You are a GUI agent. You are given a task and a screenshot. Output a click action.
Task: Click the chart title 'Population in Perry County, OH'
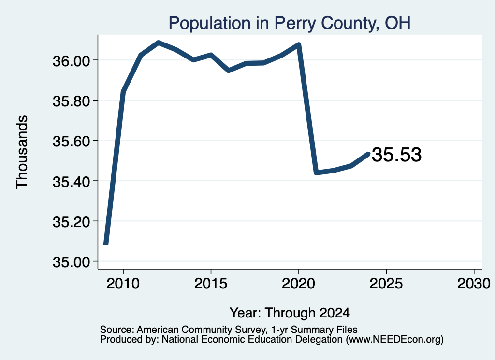click(290, 23)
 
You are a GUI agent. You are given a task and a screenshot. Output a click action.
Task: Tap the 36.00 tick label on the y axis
click(72, 61)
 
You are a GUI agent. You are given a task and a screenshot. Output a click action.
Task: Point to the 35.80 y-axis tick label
click(72, 101)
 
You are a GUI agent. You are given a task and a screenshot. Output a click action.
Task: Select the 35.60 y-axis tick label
click(72, 142)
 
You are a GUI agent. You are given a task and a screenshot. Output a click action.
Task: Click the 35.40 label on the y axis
click(72, 182)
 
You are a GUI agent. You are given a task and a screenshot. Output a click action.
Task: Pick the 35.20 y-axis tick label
click(72, 222)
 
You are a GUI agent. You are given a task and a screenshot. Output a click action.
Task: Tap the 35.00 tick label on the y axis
click(72, 262)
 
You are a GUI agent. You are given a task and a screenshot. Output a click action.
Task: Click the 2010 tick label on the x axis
click(123, 283)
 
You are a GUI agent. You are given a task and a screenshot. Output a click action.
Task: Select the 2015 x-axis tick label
click(211, 283)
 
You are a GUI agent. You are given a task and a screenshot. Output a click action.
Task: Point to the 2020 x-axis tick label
click(298, 283)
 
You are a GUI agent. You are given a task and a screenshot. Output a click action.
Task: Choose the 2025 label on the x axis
click(386, 283)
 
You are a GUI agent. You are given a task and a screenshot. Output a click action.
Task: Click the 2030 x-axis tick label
click(474, 283)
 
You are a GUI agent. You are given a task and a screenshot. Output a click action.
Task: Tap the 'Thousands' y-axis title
click(22, 152)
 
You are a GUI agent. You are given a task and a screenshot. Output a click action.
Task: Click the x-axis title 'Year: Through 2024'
click(290, 313)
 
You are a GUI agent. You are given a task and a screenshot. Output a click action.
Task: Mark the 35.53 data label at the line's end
click(396, 155)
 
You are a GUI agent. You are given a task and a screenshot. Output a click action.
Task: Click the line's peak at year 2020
click(299, 44)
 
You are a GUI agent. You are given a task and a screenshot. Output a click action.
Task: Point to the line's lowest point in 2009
click(106, 244)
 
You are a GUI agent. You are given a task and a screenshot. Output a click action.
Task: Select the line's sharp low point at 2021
click(316, 173)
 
